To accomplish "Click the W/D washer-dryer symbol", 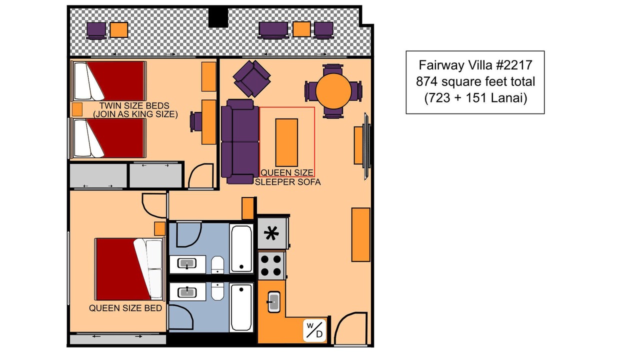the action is (x=314, y=330).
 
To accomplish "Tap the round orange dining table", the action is (x=333, y=91).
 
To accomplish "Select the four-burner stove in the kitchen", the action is (x=271, y=265).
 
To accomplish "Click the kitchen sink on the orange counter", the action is (x=273, y=301).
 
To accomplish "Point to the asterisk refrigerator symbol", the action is (x=271, y=233).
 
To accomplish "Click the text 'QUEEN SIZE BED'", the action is (x=125, y=308).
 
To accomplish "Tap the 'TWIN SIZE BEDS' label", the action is (x=134, y=105).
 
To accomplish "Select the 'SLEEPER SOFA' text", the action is (x=287, y=182).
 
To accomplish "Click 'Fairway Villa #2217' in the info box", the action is (x=475, y=65).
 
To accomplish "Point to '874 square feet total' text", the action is (x=475, y=81).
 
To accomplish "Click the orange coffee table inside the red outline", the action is (x=286, y=142).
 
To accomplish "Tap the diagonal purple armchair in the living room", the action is (x=251, y=78).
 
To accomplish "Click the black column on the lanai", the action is (x=218, y=17).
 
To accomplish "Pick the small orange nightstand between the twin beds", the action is (x=77, y=109).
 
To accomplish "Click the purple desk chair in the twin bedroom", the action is (x=196, y=122).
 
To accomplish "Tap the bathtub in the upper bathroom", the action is (x=241, y=248).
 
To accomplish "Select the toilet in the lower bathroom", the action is (x=217, y=291).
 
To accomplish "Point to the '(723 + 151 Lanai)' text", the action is (x=475, y=98).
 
